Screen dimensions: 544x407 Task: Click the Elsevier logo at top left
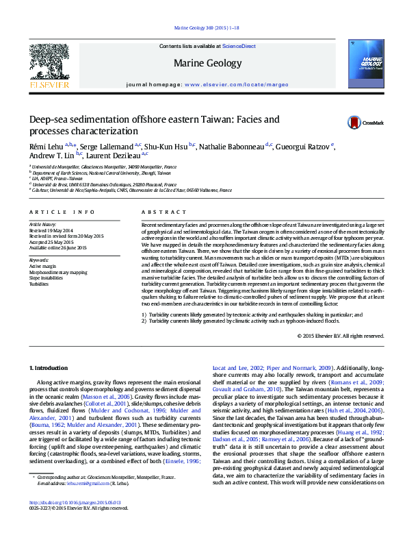click(49, 65)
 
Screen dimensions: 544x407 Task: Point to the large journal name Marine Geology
click(208, 64)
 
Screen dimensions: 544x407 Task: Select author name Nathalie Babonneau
click(233, 147)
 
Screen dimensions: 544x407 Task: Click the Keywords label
click(39, 260)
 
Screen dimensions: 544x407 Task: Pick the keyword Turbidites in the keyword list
click(39, 283)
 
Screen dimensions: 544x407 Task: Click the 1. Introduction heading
click(50, 369)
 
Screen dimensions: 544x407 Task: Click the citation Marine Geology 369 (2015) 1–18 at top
click(203, 28)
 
